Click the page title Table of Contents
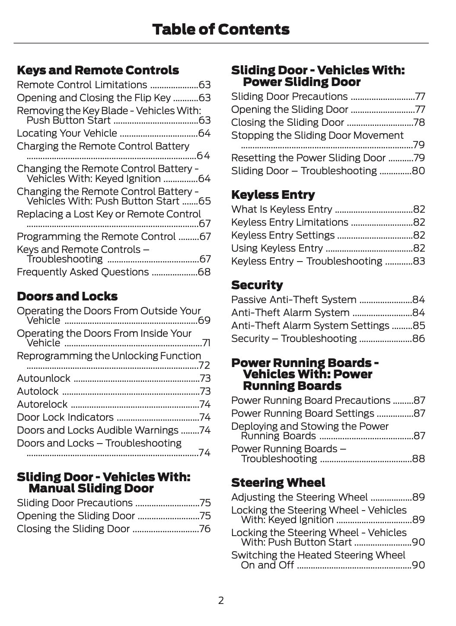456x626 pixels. coord(221,29)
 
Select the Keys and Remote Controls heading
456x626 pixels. coord(98,70)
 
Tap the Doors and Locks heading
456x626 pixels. coord(67,297)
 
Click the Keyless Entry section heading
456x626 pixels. coord(273,195)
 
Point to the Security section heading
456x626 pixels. coord(257,285)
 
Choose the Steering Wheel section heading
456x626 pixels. coord(278,483)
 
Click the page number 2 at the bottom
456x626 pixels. coord(221,600)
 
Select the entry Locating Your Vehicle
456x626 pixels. coord(67,134)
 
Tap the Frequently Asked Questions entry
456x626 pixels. coord(83,272)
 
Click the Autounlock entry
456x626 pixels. coord(43,379)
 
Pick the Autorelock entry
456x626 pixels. coord(42,405)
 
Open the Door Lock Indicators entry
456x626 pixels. coord(65,418)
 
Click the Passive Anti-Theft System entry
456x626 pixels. coord(293,300)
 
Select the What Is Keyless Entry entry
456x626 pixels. coord(281,210)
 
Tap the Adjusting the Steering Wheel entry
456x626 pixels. coord(299,498)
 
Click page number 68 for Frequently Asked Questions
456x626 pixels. coord(204,272)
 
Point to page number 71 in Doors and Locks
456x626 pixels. coord(206,343)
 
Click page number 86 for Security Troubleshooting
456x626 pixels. coord(418,339)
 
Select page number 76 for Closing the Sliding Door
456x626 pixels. coord(204,529)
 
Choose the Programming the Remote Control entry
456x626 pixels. coord(96,237)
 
